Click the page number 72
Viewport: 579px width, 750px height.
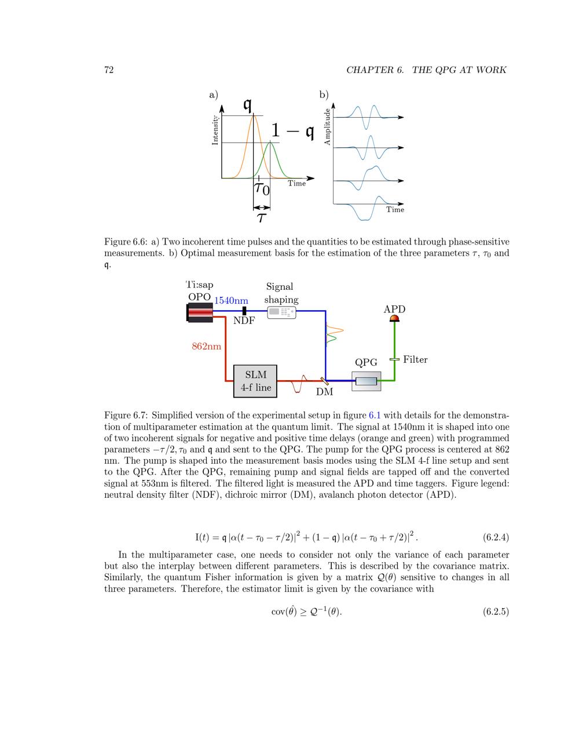click(108, 70)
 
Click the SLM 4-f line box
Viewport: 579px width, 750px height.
click(255, 381)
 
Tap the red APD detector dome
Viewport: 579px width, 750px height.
click(394, 318)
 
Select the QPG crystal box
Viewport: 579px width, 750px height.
click(366, 381)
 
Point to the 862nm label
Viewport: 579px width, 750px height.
click(206, 347)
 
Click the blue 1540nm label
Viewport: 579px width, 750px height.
click(231, 300)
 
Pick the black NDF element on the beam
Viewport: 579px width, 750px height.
click(244, 311)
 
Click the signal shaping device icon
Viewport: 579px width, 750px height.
click(281, 312)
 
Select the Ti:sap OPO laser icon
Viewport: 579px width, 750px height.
click(200, 312)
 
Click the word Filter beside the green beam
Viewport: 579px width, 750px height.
click(415, 360)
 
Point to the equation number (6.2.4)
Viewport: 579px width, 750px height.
click(496, 537)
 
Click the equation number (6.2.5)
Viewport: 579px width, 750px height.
click(496, 611)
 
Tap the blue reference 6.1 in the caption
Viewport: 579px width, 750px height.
click(375, 415)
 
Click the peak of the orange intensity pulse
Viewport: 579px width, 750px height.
click(253, 115)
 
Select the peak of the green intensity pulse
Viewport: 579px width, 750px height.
click(270, 143)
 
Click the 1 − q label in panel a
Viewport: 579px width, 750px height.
click(292, 132)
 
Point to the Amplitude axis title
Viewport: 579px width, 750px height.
click(327, 126)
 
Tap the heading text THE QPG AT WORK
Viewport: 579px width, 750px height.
click(459, 70)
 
